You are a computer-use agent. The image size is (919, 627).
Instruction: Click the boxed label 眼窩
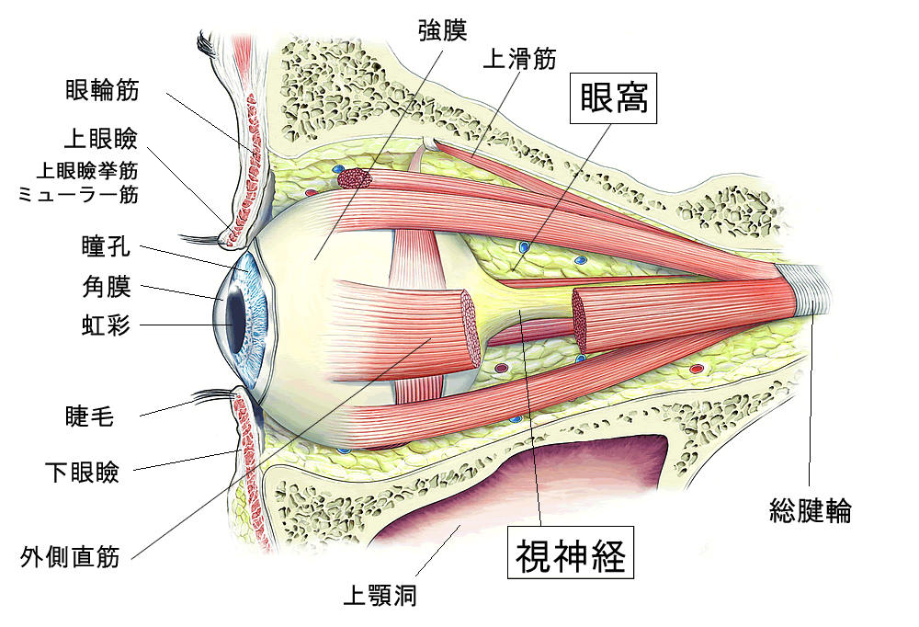click(613, 98)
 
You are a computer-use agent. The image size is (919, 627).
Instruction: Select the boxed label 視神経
click(571, 553)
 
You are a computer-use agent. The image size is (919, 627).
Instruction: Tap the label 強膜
click(443, 30)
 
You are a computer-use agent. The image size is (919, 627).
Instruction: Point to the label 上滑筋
click(519, 59)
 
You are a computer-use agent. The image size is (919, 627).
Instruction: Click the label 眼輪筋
click(102, 90)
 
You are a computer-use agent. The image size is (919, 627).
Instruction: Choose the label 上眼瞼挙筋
click(87, 170)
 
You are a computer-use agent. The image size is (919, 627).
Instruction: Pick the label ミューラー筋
click(78, 194)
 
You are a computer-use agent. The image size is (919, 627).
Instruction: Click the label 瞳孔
click(106, 246)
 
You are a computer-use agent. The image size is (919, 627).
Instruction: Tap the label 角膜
click(106, 287)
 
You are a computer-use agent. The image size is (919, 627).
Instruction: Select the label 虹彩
click(106, 325)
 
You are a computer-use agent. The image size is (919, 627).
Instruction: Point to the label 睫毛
click(89, 416)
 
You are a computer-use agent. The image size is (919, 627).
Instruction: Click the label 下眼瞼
click(82, 472)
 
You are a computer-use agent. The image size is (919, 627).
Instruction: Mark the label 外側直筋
click(70, 556)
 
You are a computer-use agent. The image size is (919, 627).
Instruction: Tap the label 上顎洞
click(380, 596)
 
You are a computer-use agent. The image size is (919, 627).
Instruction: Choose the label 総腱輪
click(810, 510)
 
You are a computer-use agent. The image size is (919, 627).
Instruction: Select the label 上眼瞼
click(101, 139)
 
